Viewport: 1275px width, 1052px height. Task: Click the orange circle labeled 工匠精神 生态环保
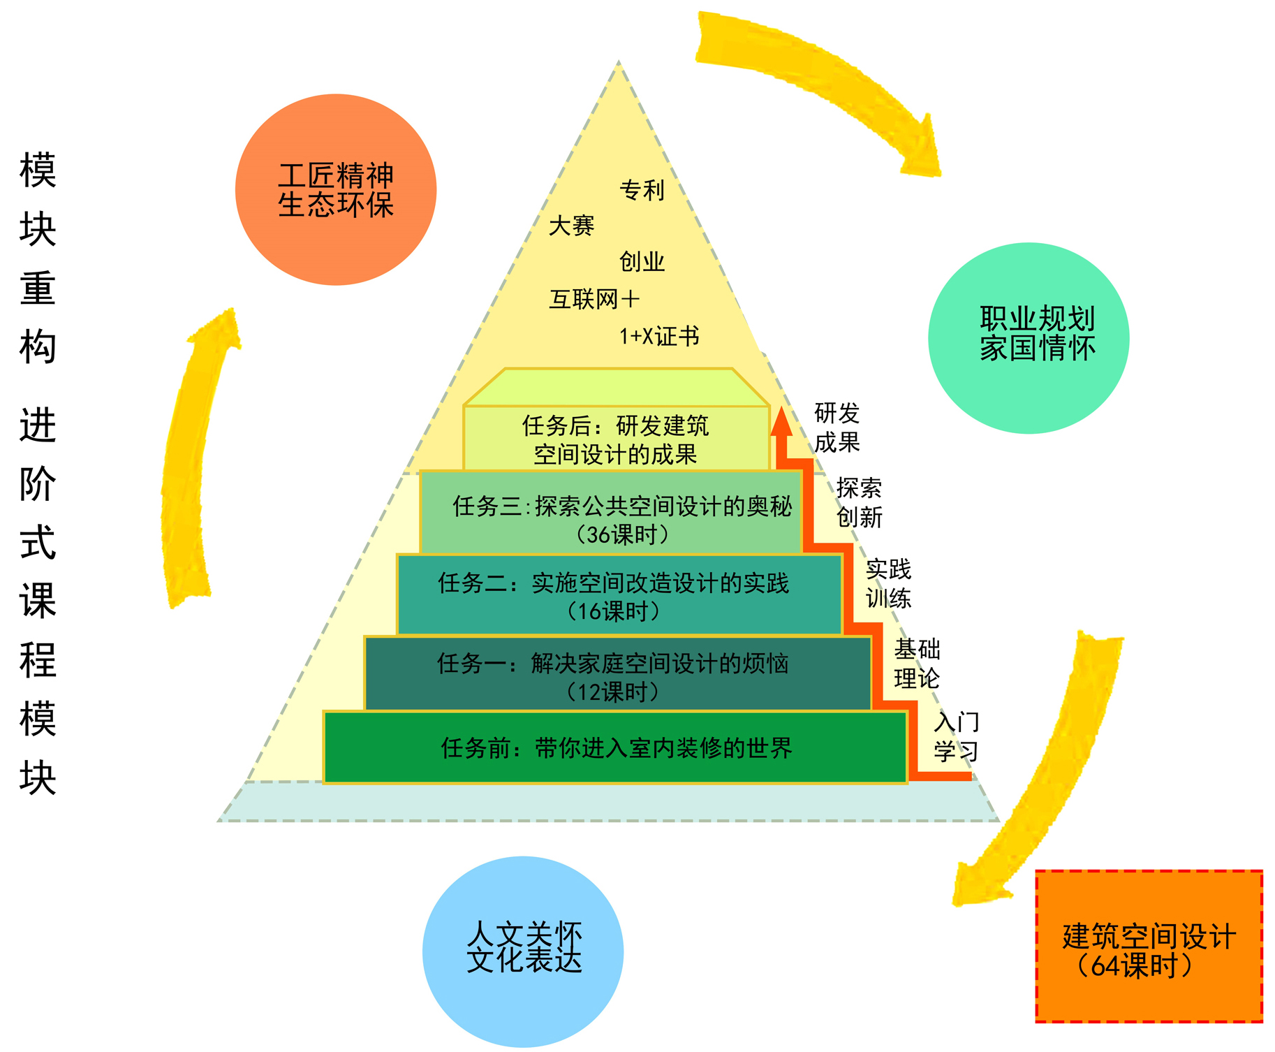point(336,190)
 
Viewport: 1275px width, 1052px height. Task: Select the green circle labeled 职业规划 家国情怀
point(1029,337)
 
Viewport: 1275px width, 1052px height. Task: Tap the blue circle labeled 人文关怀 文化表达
point(523,951)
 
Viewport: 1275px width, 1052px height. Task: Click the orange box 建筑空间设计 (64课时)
point(1149,947)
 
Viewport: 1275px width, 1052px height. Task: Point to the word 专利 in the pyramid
point(642,190)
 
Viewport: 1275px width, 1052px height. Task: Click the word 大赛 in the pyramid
point(571,226)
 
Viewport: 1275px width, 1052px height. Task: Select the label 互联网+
point(594,300)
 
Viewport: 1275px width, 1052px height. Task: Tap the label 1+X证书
point(658,337)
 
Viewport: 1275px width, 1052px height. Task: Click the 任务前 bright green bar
point(615,748)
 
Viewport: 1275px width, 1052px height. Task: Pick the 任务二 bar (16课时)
point(617,595)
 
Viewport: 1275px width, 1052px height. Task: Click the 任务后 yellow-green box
point(615,439)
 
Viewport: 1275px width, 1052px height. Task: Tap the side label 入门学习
point(956,737)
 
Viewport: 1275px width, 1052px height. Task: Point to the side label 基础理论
point(917,664)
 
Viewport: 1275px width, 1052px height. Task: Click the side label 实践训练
point(888,584)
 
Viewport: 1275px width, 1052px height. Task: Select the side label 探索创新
point(859,502)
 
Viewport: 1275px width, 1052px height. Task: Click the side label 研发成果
point(837,428)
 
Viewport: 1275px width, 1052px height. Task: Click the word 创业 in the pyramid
point(642,262)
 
